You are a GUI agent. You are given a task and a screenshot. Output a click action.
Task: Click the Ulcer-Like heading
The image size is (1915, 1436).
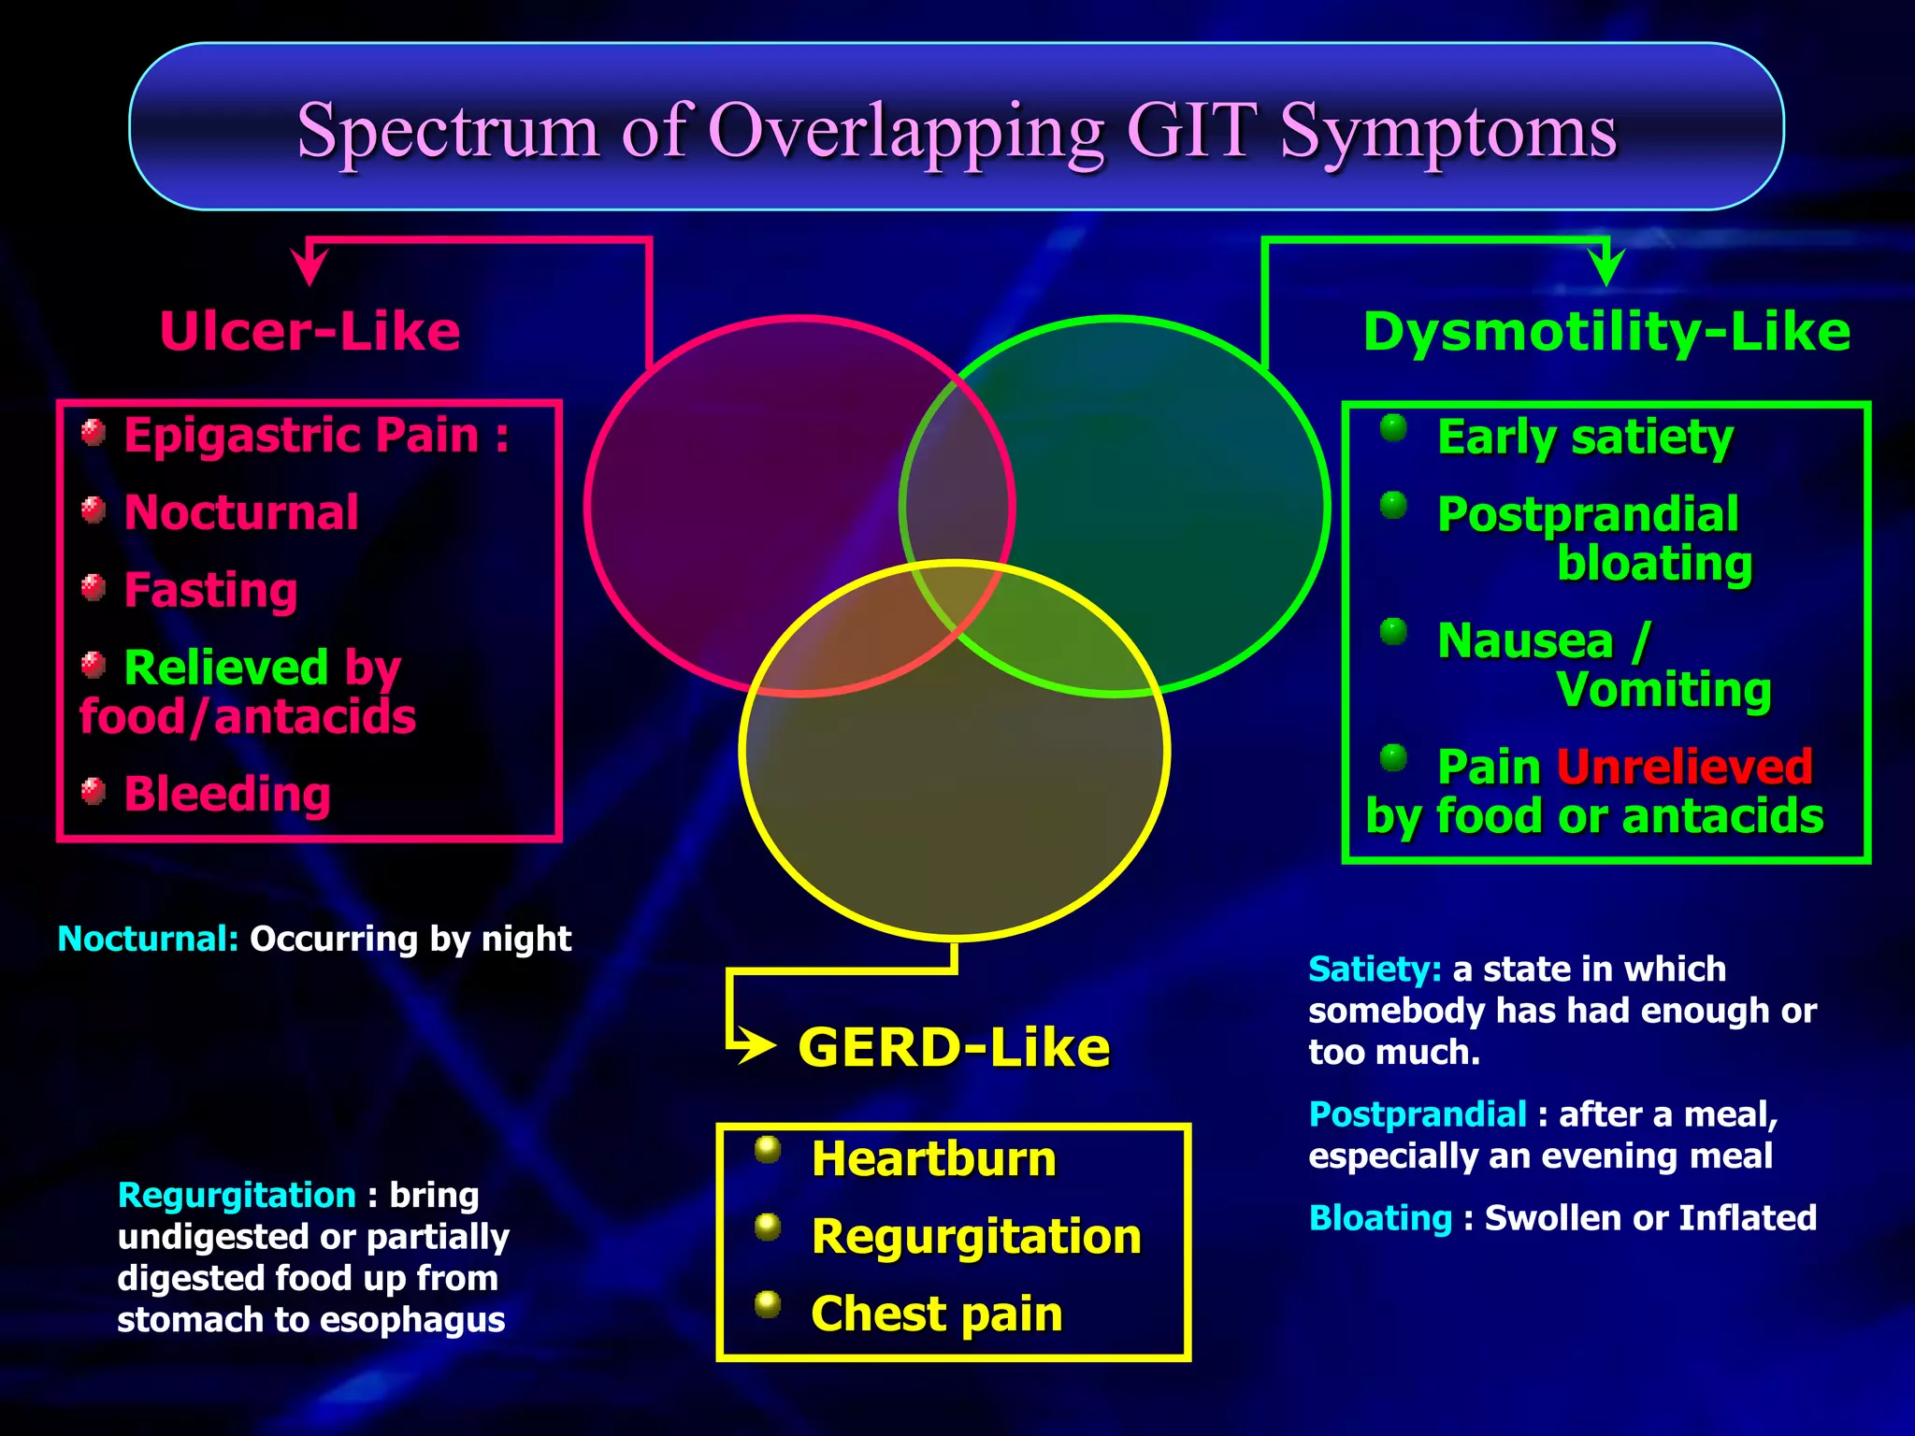point(310,332)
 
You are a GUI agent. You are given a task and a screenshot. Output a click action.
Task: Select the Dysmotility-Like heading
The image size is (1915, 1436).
point(1605,332)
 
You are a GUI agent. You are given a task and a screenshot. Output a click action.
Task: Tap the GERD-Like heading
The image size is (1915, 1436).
point(954,1047)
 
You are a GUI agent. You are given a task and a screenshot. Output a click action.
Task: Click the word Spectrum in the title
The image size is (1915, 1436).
point(447,131)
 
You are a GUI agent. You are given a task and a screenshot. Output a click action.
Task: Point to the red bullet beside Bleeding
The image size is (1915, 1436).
point(93,791)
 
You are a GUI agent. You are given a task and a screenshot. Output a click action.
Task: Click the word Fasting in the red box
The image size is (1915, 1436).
point(210,591)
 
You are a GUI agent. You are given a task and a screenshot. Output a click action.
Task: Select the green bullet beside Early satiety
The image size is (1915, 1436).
point(1393,428)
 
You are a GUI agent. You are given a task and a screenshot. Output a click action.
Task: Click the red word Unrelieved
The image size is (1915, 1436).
point(1684,768)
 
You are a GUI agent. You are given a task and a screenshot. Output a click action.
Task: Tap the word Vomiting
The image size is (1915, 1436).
point(1663,691)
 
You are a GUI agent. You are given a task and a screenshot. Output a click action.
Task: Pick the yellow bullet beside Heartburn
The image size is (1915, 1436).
point(768,1149)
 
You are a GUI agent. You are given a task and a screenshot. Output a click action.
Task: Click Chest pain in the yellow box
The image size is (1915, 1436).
point(936,1314)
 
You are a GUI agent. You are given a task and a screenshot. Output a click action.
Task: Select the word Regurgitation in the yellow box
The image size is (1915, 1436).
point(976,1237)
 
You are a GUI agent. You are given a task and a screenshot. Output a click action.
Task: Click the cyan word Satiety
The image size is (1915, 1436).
point(1374,969)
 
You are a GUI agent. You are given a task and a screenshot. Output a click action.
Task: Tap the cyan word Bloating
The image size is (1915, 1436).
point(1380,1218)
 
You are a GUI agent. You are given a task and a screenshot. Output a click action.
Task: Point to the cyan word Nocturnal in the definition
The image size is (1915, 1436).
point(148,939)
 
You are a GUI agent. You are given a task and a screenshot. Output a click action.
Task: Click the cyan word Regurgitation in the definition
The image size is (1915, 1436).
point(237,1196)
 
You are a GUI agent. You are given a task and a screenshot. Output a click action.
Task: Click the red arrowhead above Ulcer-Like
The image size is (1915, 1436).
point(310,267)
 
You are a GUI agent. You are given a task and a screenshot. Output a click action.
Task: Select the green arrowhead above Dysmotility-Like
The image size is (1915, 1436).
point(1606,268)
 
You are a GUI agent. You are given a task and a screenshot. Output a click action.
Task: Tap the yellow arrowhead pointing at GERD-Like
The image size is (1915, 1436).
point(757,1045)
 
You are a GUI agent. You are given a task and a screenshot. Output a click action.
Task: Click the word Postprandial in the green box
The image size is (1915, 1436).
point(1588,515)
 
